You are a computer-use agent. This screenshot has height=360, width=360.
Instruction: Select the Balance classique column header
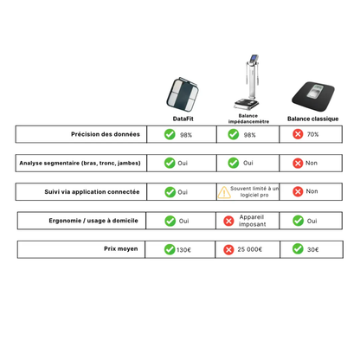click(x=312, y=119)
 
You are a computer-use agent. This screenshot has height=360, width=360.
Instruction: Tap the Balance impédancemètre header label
click(x=248, y=119)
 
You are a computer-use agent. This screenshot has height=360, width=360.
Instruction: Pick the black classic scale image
click(x=312, y=96)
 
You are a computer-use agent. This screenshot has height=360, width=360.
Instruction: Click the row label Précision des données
click(x=105, y=134)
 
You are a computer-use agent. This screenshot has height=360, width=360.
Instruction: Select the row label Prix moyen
click(x=121, y=249)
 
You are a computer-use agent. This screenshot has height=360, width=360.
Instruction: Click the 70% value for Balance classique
click(x=312, y=135)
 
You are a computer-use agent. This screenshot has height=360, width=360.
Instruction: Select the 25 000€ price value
click(x=248, y=249)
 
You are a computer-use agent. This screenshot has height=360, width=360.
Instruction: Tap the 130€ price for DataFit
click(x=183, y=249)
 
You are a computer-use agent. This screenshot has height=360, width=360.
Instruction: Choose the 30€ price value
click(x=312, y=249)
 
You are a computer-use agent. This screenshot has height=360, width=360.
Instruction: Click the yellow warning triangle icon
click(x=224, y=191)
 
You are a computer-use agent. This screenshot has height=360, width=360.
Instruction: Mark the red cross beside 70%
click(x=298, y=134)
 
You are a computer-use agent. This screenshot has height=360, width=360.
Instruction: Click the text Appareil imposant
click(x=252, y=220)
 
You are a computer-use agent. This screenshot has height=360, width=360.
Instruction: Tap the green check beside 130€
click(x=170, y=249)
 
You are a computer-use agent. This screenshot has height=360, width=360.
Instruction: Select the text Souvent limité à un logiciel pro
click(x=254, y=191)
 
